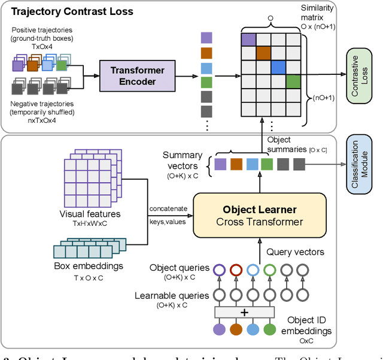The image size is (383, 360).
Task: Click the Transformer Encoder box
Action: tap(138, 77)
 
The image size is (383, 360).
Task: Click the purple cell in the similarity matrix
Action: tap(247, 39)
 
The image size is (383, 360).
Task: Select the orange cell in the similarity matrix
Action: tap(263, 53)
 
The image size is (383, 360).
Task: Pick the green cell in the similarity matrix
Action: tap(293, 82)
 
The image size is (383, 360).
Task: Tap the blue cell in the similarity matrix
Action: tap(278, 68)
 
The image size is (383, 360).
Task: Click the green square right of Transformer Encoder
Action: tap(206, 82)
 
